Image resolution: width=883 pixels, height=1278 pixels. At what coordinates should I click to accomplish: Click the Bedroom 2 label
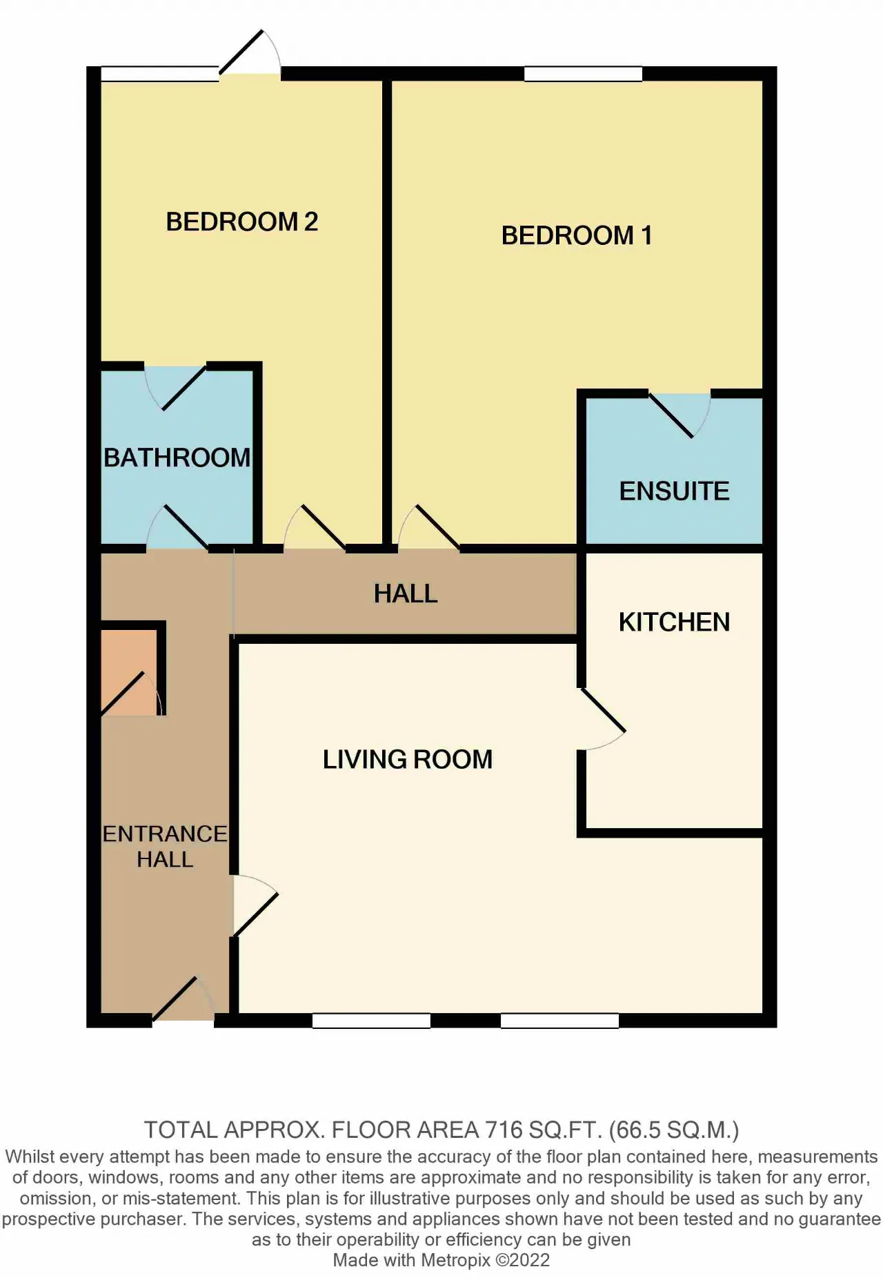click(x=242, y=222)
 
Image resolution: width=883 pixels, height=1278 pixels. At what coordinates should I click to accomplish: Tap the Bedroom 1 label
click(x=577, y=235)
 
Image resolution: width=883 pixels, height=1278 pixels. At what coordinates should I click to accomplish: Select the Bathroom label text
click(x=177, y=458)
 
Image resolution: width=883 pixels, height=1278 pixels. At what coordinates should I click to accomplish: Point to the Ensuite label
click(x=674, y=491)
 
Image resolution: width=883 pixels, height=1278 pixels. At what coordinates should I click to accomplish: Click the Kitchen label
click(x=674, y=622)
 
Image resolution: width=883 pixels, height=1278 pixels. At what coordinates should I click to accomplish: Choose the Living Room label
click(x=408, y=759)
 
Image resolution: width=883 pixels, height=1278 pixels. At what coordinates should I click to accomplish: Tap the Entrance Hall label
click(x=165, y=846)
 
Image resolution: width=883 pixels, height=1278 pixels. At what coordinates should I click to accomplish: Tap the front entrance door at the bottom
click(x=183, y=999)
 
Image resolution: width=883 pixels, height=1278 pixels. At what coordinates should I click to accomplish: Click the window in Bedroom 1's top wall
click(x=583, y=74)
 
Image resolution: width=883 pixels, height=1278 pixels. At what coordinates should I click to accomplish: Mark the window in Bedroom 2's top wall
click(x=160, y=74)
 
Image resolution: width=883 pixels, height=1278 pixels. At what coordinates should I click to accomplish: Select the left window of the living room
click(x=371, y=1021)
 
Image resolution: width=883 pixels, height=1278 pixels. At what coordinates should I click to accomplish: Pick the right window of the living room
click(x=559, y=1021)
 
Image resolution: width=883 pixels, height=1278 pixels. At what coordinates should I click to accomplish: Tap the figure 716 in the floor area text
click(x=504, y=1130)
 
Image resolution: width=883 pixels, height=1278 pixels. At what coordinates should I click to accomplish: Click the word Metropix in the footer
click(x=455, y=1260)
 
